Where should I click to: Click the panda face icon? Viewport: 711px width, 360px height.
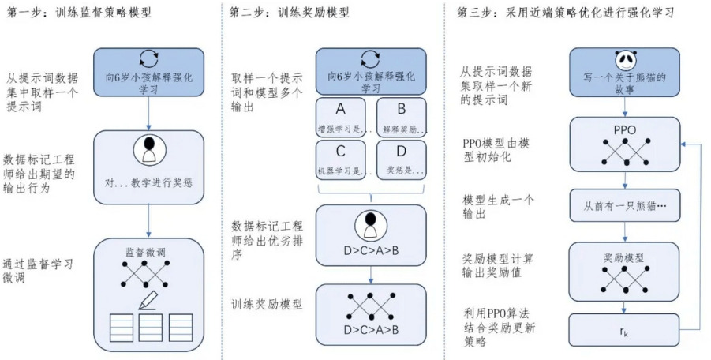[626, 60]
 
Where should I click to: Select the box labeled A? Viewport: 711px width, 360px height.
[341, 117]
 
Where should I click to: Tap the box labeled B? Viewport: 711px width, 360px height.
[402, 117]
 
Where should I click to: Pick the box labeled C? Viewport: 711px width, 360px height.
[341, 159]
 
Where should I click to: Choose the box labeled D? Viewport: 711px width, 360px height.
[402, 159]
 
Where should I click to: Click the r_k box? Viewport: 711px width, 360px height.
[624, 331]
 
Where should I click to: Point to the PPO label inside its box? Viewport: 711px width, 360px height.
[625, 129]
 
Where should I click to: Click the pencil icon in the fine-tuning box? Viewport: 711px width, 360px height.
[148, 300]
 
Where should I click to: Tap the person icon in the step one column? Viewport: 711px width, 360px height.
[149, 150]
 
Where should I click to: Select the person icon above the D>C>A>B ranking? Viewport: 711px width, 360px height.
[371, 225]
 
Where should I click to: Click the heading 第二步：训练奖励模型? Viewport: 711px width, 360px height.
[290, 13]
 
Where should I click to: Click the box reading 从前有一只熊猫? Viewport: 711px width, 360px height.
[624, 205]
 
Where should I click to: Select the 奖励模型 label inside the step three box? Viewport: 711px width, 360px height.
[624, 257]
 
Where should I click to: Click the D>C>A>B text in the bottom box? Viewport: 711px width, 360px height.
[371, 330]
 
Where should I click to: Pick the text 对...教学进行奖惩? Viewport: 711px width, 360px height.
[148, 183]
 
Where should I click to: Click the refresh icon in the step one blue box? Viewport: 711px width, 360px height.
[148, 59]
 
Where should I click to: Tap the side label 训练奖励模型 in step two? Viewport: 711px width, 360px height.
[267, 304]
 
